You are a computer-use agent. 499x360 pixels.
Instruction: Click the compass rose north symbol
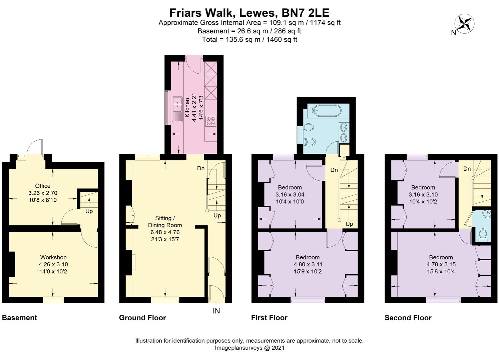coord(464,24)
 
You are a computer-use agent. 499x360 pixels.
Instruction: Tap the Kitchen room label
coord(187,108)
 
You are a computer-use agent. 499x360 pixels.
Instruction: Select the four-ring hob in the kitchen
coord(211,121)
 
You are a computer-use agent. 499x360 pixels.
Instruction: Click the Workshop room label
coord(53,257)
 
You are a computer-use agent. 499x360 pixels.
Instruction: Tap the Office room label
coord(43,186)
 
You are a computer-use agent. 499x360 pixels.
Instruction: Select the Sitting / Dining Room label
coord(165,222)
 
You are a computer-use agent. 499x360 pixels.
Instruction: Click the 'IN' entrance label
coord(216,311)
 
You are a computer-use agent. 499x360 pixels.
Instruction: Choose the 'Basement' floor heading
coord(19,318)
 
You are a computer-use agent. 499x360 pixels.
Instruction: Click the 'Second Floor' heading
coord(408,318)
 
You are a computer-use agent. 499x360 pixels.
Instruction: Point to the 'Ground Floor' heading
coord(142,318)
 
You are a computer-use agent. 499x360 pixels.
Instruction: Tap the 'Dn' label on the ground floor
coord(201,168)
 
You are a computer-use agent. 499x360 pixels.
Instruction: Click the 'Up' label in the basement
coord(89,211)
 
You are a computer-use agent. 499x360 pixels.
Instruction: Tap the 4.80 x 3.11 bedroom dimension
coord(308,264)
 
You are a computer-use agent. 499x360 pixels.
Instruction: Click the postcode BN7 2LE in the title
coord(306,13)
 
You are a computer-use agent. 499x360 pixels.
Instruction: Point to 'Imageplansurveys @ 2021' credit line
coord(249,348)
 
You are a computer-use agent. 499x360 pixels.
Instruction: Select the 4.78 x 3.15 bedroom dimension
coord(441,264)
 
